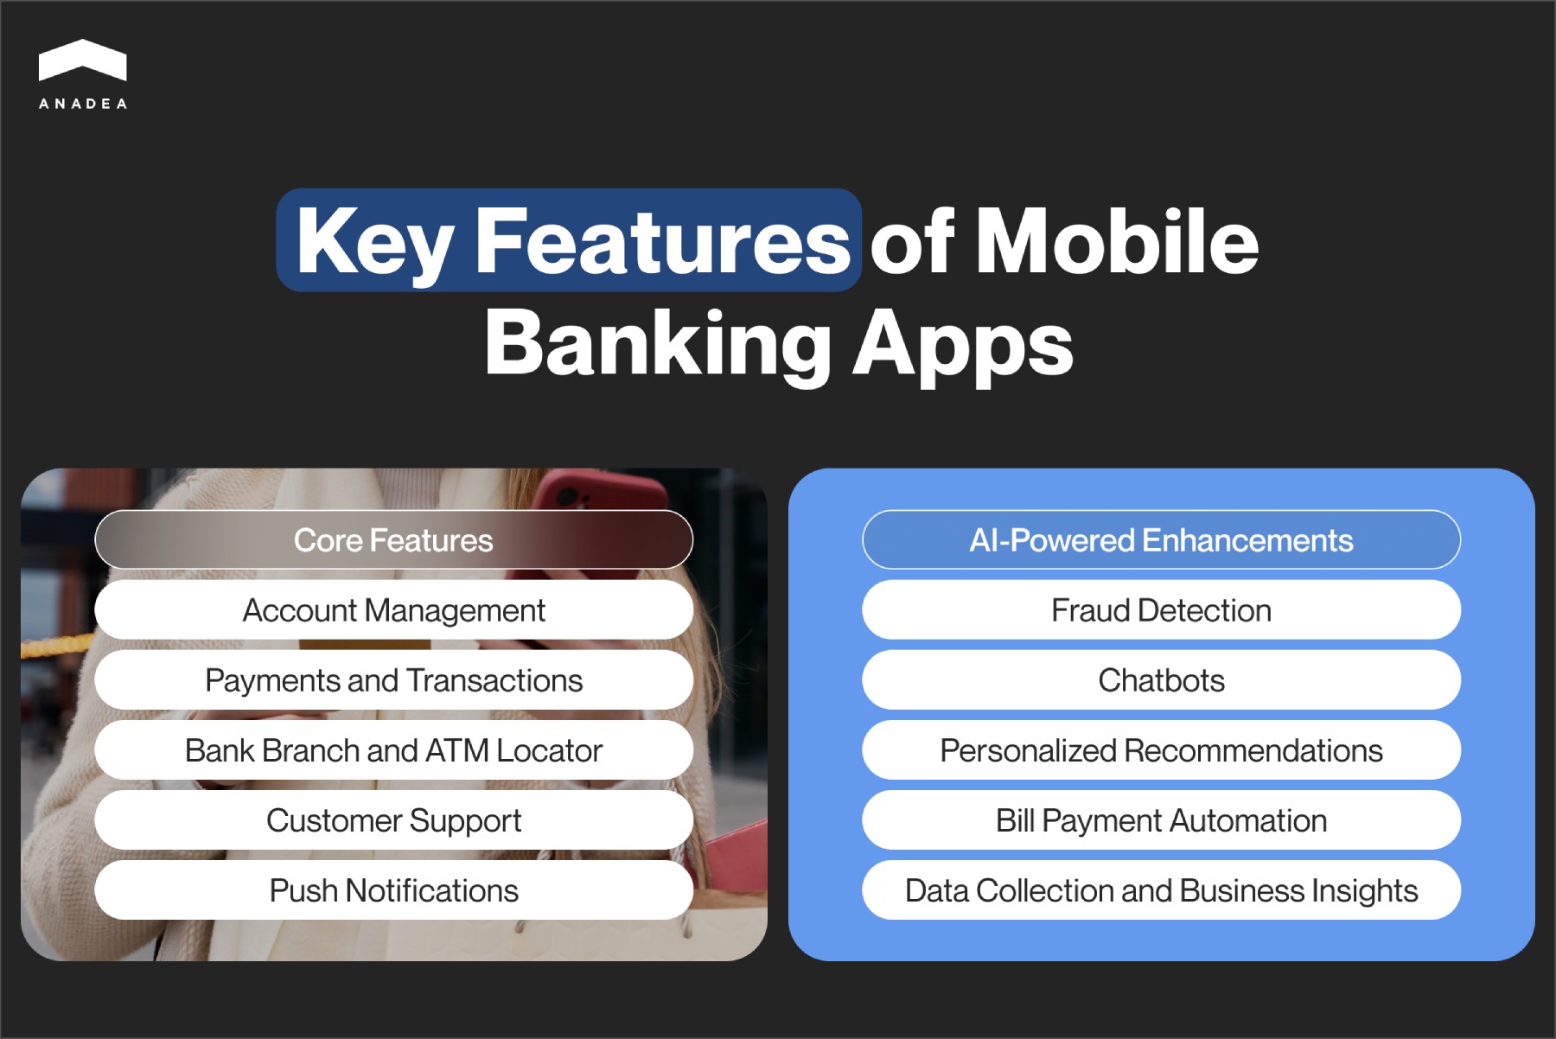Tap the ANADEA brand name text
pyautogui.click(x=83, y=104)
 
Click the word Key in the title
pyautogui.click(x=374, y=242)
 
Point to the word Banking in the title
pyautogui.click(x=657, y=344)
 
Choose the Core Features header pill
pyautogui.click(x=393, y=540)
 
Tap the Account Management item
pyautogui.click(x=393, y=610)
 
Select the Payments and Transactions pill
pyautogui.click(x=393, y=680)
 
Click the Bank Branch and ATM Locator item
pyautogui.click(x=393, y=750)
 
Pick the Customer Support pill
pyautogui.click(x=393, y=820)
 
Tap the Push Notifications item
pyautogui.click(x=393, y=890)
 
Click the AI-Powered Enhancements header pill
pyautogui.click(x=1161, y=540)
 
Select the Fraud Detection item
pyautogui.click(x=1161, y=610)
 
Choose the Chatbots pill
pyautogui.click(x=1161, y=680)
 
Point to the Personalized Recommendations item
pyautogui.click(x=1161, y=750)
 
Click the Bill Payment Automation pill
pyautogui.click(x=1161, y=820)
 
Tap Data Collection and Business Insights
pyautogui.click(x=1161, y=890)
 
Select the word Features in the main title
pyautogui.click(x=661, y=242)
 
